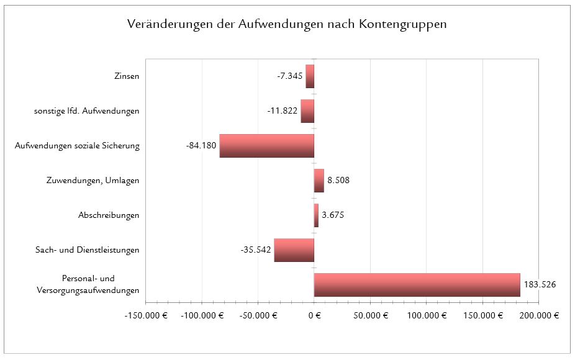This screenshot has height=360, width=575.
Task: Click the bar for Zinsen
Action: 310,76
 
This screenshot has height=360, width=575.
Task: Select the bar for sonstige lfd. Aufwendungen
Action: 307,111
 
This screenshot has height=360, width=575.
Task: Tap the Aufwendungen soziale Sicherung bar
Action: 267,146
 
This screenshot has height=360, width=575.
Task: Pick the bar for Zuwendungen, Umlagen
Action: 319,181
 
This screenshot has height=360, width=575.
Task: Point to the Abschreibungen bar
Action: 316,215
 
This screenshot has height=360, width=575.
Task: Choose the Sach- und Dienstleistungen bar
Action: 294,250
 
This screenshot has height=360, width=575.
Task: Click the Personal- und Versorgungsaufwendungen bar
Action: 417,285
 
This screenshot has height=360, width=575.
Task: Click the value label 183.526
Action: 540,285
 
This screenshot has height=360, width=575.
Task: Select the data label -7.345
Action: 289,76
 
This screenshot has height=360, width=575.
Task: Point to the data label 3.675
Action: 333,215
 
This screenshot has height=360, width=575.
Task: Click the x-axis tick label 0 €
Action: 314,315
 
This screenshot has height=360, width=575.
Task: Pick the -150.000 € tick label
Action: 146,315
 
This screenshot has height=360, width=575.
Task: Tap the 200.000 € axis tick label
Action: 538,315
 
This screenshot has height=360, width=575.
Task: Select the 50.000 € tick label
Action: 370,315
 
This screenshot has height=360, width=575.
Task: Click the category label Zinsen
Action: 127,76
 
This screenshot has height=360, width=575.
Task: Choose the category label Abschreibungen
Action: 109,215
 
